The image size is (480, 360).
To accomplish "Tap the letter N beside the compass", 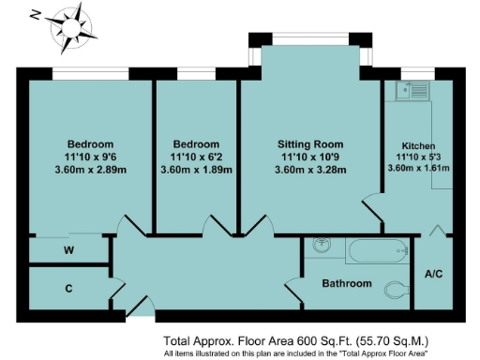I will tap(35, 15).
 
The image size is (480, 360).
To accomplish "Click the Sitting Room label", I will tap(311, 144).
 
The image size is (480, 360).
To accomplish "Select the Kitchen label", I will tap(418, 147).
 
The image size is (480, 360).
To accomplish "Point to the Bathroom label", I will tap(347, 283).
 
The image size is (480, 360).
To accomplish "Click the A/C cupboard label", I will tap(434, 275).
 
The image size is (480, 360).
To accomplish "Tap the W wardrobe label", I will tap(68, 250).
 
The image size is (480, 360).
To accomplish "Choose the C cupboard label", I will tap(68, 288).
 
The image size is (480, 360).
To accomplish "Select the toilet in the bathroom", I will tap(397, 287).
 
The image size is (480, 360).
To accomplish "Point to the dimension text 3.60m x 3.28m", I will tap(311, 170).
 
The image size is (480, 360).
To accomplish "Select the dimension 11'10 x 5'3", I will tap(418, 157).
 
